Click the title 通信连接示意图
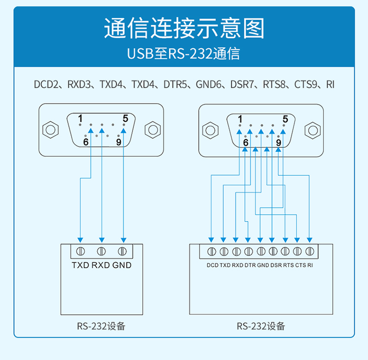[x=184, y=28]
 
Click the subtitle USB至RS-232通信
[x=184, y=54]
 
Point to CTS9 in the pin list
[x=307, y=84]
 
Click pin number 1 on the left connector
[x=80, y=118]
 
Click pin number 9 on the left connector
[x=118, y=142]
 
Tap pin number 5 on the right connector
[x=285, y=119]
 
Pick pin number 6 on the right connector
[x=245, y=142]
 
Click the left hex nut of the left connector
[x=50, y=130]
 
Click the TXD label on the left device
[x=80, y=265]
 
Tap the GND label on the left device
[x=122, y=265]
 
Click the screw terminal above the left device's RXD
[x=102, y=251]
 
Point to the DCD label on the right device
[x=212, y=265]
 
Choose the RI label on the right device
[x=310, y=265]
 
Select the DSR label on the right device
[x=275, y=265]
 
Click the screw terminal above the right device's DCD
[x=212, y=251]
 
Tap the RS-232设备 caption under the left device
[x=101, y=326]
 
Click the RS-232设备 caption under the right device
[x=261, y=326]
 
